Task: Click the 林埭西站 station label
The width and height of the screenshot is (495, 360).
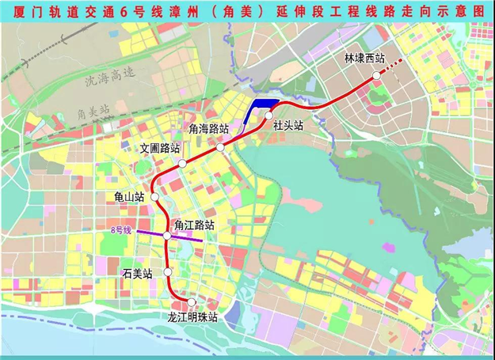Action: click(x=364, y=59)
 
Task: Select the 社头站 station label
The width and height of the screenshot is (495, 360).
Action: click(x=287, y=125)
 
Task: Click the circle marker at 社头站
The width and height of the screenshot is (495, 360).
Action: click(x=269, y=116)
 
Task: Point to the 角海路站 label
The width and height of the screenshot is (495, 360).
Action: click(x=209, y=128)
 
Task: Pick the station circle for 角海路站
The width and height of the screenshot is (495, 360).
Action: click(x=220, y=146)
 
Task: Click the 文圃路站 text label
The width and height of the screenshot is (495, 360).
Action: click(x=160, y=148)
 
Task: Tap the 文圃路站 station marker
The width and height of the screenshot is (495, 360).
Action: click(x=182, y=163)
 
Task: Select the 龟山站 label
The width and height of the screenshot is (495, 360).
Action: click(x=129, y=196)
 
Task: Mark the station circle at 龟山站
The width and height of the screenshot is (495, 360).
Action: click(x=155, y=196)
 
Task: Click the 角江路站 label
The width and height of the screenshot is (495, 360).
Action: click(x=195, y=225)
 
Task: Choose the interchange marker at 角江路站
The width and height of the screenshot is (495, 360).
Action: click(x=167, y=236)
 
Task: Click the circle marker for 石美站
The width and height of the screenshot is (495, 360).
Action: click(x=168, y=272)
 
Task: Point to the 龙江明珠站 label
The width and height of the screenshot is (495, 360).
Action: click(x=192, y=316)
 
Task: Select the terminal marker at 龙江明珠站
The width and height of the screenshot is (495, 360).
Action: click(x=191, y=301)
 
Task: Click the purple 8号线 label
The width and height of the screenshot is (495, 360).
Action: click(x=121, y=230)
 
